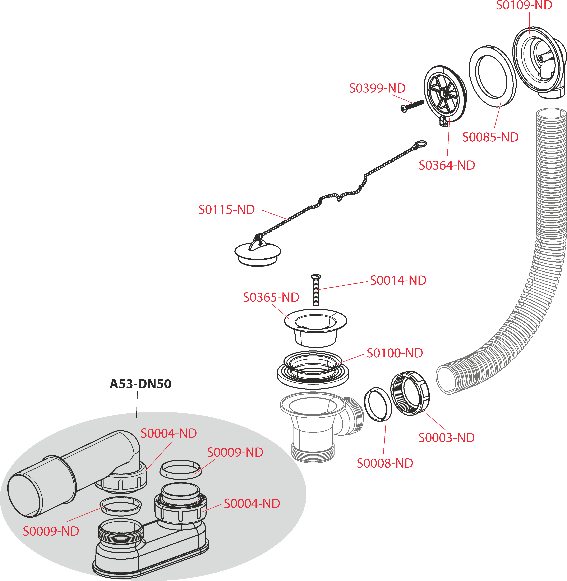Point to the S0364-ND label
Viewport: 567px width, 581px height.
click(447, 165)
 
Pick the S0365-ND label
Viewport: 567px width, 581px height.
click(271, 297)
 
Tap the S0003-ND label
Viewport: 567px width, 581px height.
click(446, 438)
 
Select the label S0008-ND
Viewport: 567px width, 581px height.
click(385, 463)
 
